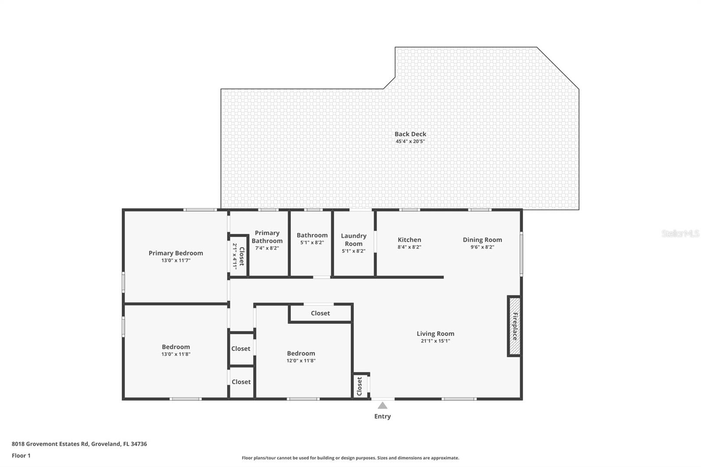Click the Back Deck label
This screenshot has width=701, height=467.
coord(410,134)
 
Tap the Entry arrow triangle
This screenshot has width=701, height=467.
coord(382,406)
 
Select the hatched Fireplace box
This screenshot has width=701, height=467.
coord(514,326)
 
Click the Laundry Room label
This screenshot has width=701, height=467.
coord(354,240)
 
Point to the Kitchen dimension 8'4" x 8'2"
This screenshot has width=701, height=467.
coord(409,247)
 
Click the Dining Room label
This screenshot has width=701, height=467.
coord(482,240)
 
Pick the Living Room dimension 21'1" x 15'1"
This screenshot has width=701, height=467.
coord(435,341)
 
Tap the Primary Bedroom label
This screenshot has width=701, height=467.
coord(176,253)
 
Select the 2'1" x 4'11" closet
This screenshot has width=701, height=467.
coord(238,256)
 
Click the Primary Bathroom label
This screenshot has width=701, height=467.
coord(267,237)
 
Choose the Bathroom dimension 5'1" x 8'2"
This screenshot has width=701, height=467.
coord(312,242)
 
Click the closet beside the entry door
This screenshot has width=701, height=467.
coord(360,386)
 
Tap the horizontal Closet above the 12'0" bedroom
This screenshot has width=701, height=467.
coord(320,313)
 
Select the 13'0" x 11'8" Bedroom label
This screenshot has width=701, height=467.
coord(176,347)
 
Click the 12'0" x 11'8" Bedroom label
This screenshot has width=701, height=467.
coord(301,354)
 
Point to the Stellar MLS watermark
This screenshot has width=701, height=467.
coord(680,233)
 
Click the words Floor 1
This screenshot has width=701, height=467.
coord(21,456)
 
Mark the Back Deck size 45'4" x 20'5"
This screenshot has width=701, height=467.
coord(410,142)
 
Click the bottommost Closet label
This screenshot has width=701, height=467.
coord(241,382)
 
